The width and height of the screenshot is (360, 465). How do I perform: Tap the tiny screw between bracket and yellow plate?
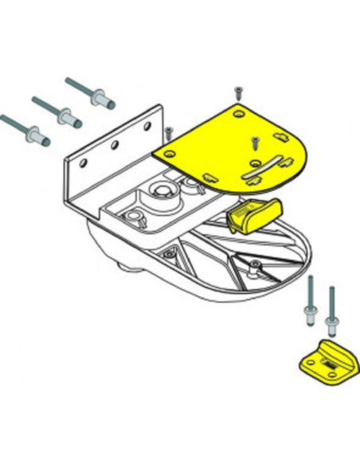point(169,130)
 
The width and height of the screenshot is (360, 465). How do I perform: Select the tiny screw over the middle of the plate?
point(254,142)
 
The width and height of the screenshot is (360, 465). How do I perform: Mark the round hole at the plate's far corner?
point(238,112)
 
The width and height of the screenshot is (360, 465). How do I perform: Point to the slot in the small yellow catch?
point(327,363)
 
